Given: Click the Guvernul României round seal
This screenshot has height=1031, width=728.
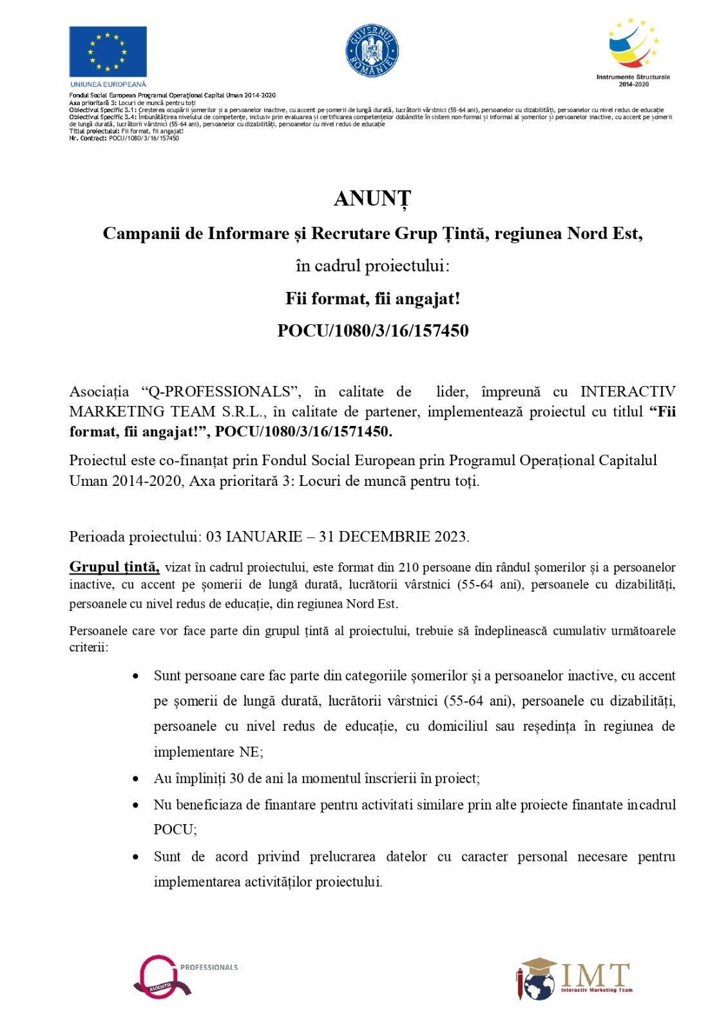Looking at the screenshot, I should [372, 51].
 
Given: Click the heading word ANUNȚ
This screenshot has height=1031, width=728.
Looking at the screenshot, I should [372, 199].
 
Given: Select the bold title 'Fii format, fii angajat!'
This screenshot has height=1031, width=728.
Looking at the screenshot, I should [372, 299].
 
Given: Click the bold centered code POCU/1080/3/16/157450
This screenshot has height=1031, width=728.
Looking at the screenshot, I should [372, 331].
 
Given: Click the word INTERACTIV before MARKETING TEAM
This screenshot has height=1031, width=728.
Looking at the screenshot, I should [627, 392].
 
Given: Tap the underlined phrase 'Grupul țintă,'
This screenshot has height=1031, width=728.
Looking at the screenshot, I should [114, 567].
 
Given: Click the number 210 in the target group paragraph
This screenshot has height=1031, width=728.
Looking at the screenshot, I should [408, 568].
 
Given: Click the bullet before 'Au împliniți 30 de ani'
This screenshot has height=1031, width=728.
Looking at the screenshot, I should [135, 779].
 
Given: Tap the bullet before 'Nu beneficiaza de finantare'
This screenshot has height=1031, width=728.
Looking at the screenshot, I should [135, 805].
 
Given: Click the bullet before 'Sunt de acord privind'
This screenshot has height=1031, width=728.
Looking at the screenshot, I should [135, 858].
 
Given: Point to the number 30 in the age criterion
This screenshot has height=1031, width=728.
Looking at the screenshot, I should [236, 778].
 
